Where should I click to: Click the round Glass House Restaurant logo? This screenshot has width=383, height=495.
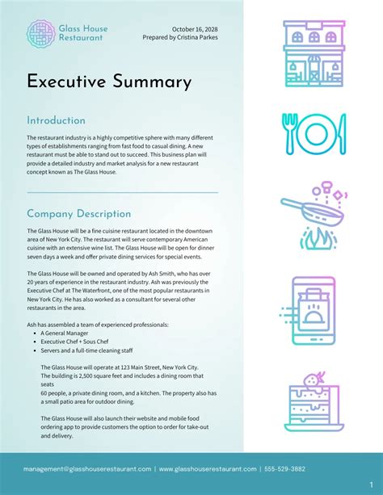pos(40,33)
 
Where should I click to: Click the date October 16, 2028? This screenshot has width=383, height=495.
pos(194,29)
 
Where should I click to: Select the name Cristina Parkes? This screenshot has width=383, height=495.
pos(196,37)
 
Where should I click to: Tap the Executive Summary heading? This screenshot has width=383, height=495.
pos(109,82)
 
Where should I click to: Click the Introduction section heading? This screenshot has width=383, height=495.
pos(56,120)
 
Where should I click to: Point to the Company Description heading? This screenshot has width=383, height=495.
pos(78,214)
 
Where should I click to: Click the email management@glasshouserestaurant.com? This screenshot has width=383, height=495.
pos(87,469)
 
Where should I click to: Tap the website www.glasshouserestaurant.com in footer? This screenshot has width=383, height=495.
pos(208,469)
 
